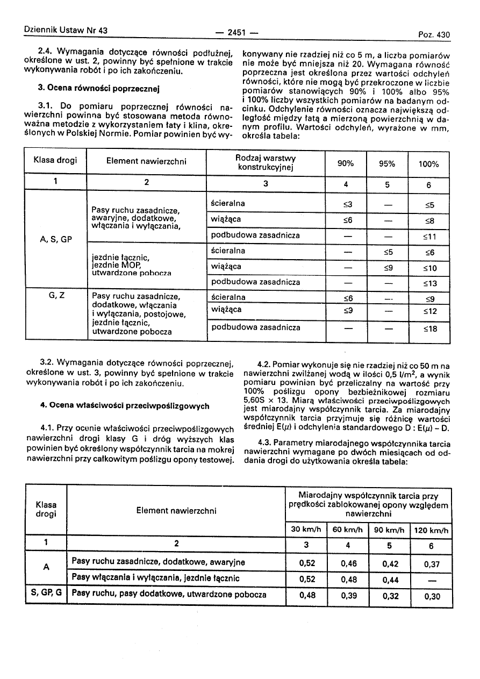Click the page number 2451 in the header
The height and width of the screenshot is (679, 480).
coord(237,32)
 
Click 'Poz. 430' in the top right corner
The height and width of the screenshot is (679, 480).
coord(434,35)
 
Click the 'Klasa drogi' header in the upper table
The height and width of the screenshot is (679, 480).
coord(55,160)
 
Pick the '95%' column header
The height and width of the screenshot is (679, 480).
coord(387,164)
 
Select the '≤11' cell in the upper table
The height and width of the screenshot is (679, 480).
coord(429,235)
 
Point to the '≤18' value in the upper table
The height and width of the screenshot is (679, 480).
coord(429,328)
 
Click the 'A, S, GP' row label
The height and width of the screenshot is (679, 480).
coord(55,239)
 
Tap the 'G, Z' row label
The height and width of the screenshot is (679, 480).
coord(55,295)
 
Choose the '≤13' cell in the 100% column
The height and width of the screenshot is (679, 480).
coord(429,282)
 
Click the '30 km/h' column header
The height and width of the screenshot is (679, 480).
coord(306,530)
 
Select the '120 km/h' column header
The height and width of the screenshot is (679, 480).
coord(431,530)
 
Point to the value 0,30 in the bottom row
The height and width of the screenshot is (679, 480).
coord(431,596)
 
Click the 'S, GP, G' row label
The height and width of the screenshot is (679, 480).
coord(46,595)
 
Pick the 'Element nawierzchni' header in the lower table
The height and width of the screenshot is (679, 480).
coord(176,510)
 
